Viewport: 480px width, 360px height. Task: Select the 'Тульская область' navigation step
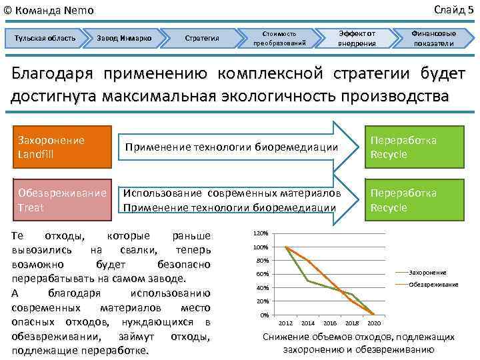tap(45, 38)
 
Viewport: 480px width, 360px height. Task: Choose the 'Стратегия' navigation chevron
tap(201, 38)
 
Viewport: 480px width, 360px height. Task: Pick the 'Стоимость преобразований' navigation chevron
tap(280, 38)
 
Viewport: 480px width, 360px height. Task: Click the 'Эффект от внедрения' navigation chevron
tap(357, 38)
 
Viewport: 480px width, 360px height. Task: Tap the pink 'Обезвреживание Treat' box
tap(62, 200)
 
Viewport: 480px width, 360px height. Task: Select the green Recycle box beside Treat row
tap(413, 200)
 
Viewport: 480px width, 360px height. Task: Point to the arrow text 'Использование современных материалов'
tap(232, 193)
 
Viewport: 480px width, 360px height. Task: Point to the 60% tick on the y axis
tap(262, 274)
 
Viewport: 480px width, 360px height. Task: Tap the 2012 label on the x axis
tap(285, 323)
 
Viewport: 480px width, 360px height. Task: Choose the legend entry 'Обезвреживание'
tap(433, 285)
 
